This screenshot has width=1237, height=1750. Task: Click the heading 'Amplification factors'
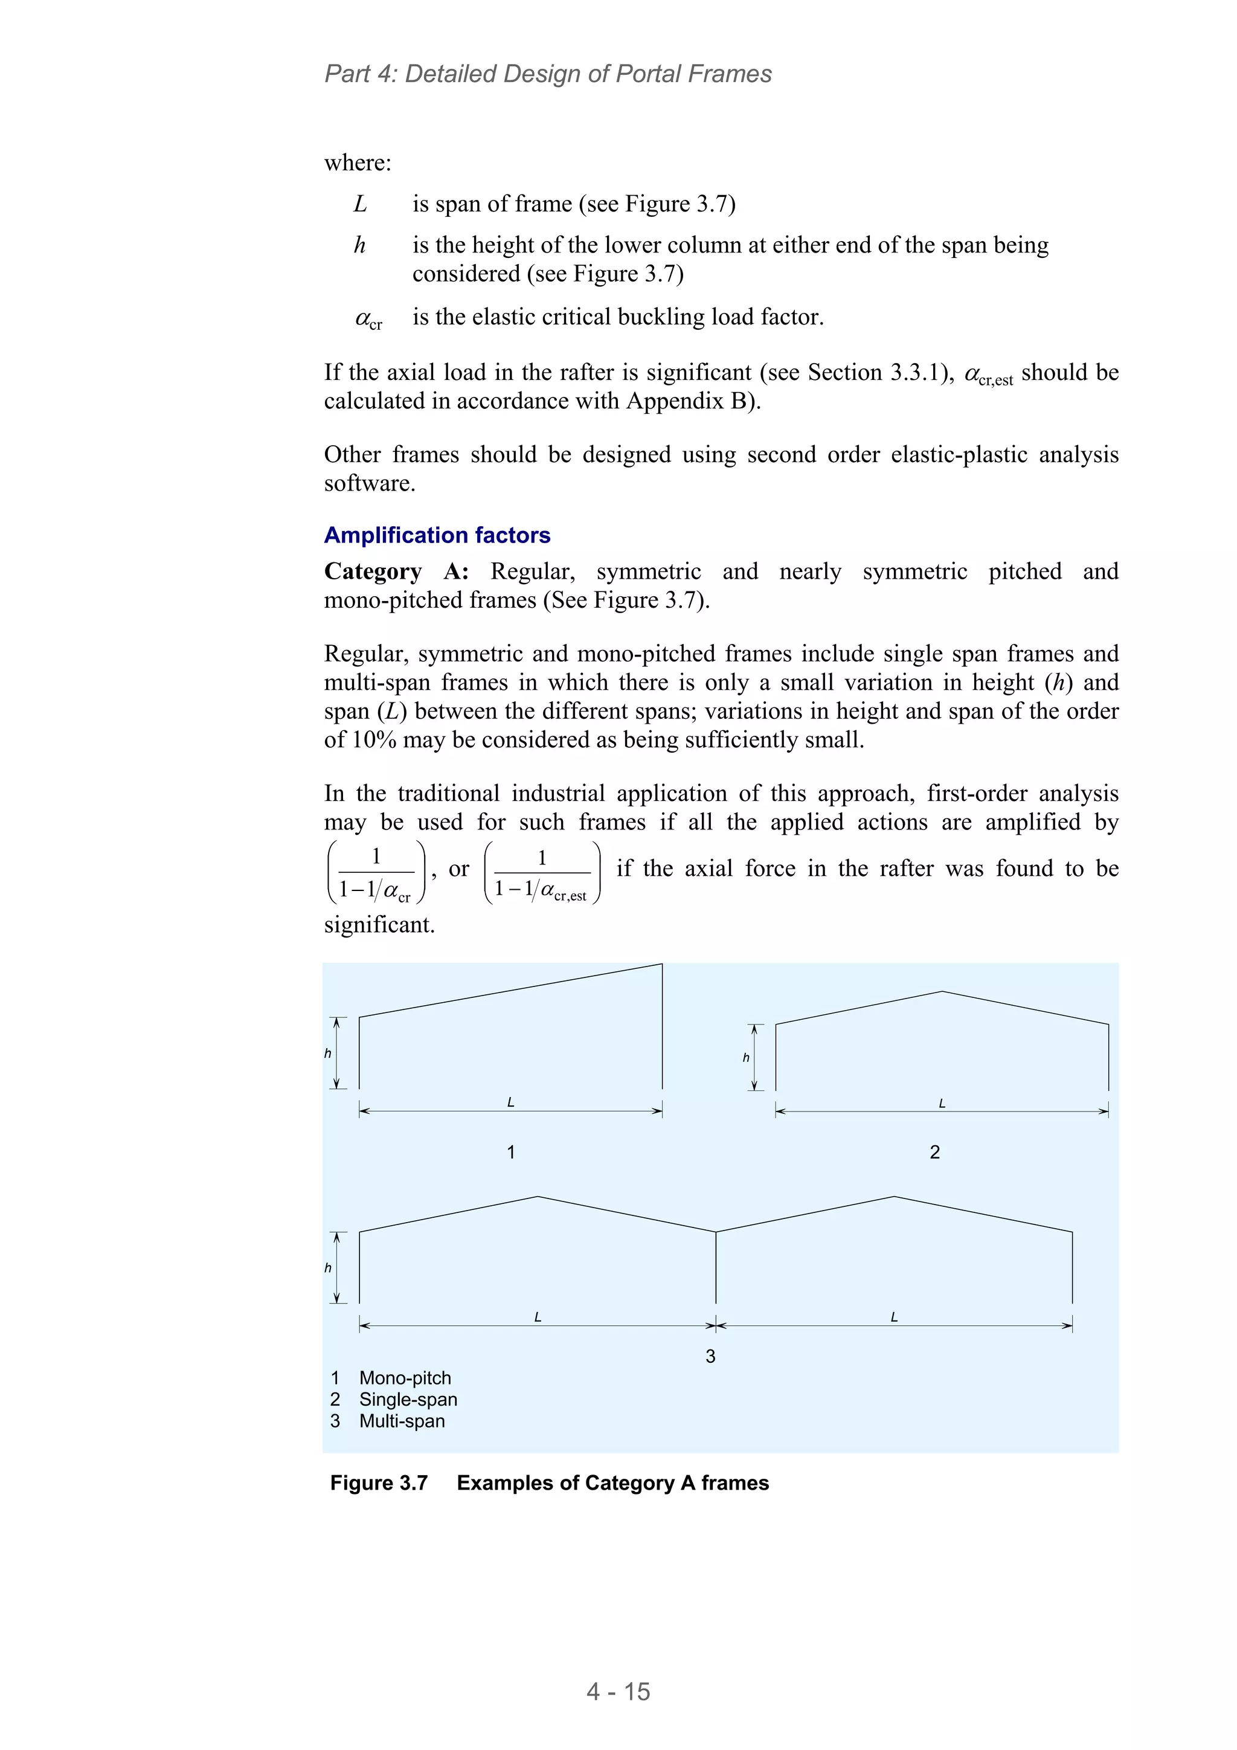pos(437,535)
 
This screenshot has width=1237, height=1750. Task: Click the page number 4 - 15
pos(618,1691)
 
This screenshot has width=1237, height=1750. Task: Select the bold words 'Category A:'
pos(396,571)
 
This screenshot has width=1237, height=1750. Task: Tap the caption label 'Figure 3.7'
pos(379,1482)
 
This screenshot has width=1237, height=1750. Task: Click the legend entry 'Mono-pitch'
pos(405,1378)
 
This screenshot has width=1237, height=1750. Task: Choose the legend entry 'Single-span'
pos(408,1400)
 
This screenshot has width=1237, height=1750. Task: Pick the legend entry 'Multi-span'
pos(402,1421)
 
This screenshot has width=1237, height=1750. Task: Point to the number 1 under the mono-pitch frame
pos(510,1152)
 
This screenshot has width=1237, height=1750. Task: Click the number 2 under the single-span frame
pos(934,1152)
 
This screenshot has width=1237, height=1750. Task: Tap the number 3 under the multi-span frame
pos(710,1356)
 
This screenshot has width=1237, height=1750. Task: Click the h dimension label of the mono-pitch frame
pos(328,1054)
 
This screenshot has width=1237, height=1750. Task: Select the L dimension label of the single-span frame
pos(942,1103)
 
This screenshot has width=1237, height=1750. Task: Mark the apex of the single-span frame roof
pos(942,992)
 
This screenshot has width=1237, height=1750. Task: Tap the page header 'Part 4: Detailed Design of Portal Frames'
pos(548,74)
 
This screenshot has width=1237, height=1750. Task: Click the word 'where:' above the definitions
pos(358,162)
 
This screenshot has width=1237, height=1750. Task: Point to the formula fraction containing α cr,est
pos(542,873)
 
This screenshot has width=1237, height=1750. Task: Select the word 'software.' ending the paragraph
pos(370,483)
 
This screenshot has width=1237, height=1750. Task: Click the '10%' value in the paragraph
pos(374,739)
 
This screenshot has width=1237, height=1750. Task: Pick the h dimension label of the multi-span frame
pos(328,1267)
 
